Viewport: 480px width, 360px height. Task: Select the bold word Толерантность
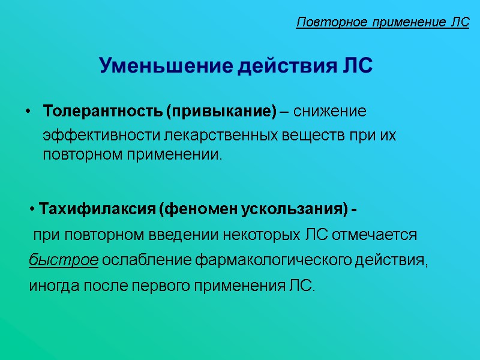(103, 112)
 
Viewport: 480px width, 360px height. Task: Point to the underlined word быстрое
(64, 260)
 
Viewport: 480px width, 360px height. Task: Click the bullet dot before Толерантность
(29, 112)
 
